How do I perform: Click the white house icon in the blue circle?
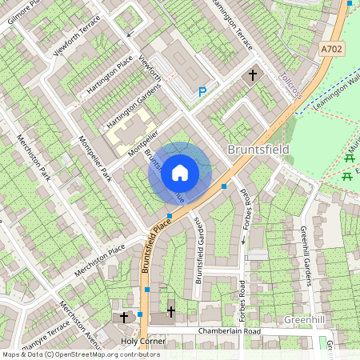point(180,172)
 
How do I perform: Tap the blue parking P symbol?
point(202,92)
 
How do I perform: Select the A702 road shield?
point(332,50)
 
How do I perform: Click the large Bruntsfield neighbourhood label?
point(258,150)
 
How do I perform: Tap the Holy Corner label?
point(142,341)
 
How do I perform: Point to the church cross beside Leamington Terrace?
point(254,75)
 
